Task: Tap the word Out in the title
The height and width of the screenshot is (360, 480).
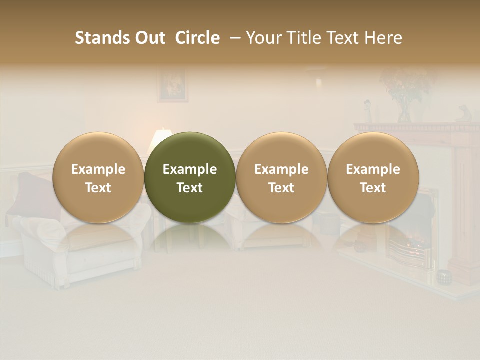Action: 149,38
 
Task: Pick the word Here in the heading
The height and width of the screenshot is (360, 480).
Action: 383,38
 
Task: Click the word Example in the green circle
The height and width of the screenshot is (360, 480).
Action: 190,169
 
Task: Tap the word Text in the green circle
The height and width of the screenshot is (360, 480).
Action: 190,188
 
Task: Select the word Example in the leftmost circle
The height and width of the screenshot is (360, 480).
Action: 98,169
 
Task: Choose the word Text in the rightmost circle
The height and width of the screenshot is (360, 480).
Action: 373,188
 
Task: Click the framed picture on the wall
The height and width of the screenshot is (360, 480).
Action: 172,85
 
